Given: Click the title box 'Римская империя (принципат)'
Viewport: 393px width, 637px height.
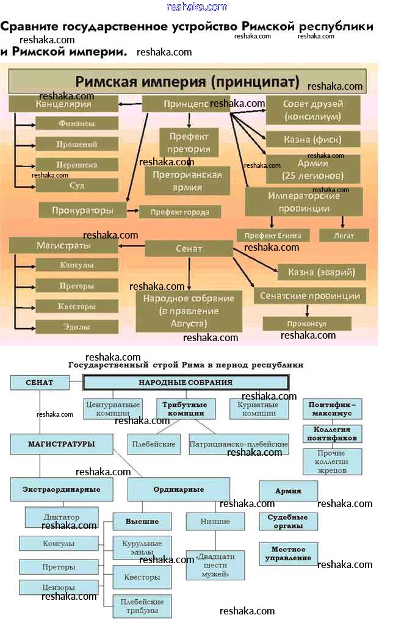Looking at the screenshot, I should pyautogui.click(x=187, y=81).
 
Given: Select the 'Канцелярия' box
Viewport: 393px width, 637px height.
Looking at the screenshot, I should pyautogui.click(x=63, y=104).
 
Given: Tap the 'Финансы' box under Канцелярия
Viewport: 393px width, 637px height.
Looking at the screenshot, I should pyautogui.click(x=77, y=123).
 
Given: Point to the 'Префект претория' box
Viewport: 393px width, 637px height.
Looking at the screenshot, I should pyautogui.click(x=189, y=142).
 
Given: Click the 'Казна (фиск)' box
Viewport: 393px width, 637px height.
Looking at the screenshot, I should pyautogui.click(x=312, y=140).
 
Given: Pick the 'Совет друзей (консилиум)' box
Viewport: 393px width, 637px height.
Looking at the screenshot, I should pyautogui.click(x=312, y=110).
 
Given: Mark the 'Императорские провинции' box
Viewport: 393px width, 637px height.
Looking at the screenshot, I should pyautogui.click(x=304, y=201).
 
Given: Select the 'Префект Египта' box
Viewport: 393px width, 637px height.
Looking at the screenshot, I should pyautogui.click(x=273, y=236).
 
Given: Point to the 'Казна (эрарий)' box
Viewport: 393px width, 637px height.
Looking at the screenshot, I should pyautogui.click(x=321, y=272).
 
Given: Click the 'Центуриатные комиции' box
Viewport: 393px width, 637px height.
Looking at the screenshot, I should pyautogui.click(x=113, y=409).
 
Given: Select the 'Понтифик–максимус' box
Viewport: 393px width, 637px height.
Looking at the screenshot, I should pyautogui.click(x=333, y=409).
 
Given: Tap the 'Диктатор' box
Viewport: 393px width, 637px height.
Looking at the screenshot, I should pyautogui.click(x=61, y=517).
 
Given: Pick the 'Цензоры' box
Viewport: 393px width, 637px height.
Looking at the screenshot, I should pyautogui.click(x=59, y=588).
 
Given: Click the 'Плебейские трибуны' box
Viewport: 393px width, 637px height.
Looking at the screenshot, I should pyautogui.click(x=142, y=606).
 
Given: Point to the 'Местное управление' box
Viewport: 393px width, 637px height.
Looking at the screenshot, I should pyautogui.click(x=289, y=553).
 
